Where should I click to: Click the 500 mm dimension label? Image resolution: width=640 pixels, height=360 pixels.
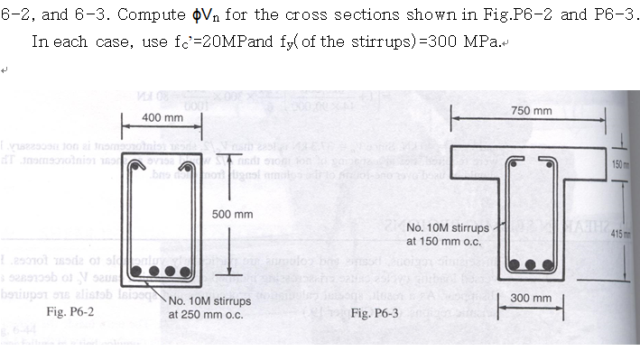click(232, 214)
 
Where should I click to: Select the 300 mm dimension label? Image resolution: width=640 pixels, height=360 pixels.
click(530, 297)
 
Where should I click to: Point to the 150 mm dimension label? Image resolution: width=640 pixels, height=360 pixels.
click(629, 163)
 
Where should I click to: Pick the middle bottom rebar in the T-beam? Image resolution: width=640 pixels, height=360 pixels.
click(533, 265)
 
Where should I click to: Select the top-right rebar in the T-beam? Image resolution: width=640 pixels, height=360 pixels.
click(548, 162)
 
